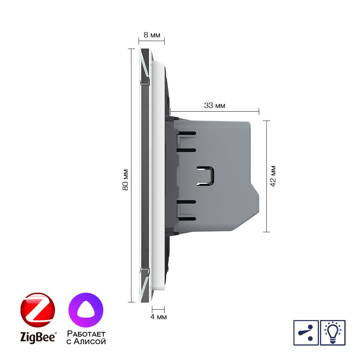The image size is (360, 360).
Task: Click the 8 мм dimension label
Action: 152,35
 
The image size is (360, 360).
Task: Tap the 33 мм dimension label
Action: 215,105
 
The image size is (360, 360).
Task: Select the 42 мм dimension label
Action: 273,176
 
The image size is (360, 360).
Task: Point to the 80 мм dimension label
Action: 125,180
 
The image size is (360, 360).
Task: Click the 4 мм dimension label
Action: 158,317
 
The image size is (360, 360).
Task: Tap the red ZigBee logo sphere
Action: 38,310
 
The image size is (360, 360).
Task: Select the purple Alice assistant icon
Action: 86,310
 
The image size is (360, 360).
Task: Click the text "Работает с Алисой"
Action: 86,338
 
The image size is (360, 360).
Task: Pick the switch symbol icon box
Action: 306,333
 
